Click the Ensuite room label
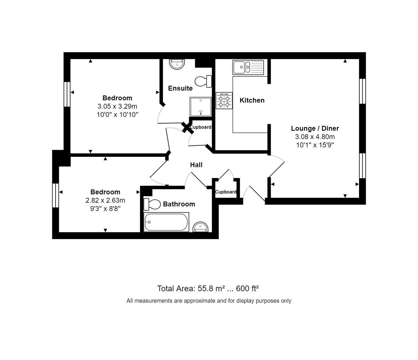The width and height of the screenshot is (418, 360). [x=180, y=88]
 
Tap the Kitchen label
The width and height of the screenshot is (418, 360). [x=252, y=100]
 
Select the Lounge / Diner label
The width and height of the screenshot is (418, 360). [x=315, y=128]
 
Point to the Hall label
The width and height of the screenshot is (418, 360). [x=196, y=165]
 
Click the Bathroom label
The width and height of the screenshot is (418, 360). [x=179, y=204]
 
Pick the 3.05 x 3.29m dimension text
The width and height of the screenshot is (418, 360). [x=117, y=106]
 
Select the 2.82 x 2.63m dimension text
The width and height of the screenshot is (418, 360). [x=105, y=200]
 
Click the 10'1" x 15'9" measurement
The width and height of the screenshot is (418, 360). [x=315, y=145]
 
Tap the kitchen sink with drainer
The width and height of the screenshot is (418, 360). [x=248, y=67]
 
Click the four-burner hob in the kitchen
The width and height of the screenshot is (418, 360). [x=224, y=101]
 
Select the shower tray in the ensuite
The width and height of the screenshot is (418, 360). [x=201, y=107]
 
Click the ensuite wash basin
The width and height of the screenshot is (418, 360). [x=177, y=64]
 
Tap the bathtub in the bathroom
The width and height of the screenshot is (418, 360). [x=167, y=222]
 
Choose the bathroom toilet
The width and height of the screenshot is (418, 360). [x=152, y=204]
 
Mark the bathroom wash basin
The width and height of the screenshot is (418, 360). [x=201, y=227]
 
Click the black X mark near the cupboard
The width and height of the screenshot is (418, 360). [x=188, y=128]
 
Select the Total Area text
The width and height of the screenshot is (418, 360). [x=208, y=288]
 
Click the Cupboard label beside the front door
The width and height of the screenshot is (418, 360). [x=226, y=192]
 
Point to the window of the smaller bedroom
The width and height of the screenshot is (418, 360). [x=56, y=195]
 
